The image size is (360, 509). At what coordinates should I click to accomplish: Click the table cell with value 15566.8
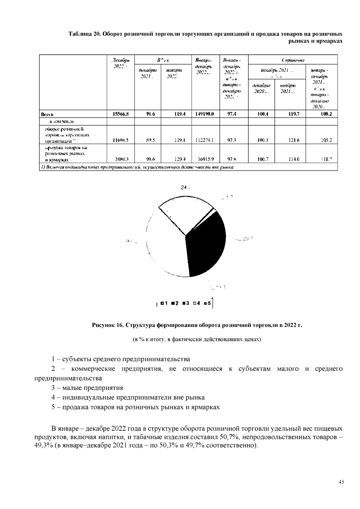121,114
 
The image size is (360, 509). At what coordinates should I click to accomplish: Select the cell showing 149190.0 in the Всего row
204,114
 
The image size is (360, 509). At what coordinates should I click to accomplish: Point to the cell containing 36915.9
205,160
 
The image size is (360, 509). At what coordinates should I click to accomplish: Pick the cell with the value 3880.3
121,160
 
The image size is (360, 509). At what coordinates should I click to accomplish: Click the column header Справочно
293,60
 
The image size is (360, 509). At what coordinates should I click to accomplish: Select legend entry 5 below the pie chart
207,304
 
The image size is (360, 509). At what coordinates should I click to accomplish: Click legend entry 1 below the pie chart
164,304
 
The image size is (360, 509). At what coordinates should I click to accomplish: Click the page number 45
341,482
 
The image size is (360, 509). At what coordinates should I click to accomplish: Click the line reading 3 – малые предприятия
87,388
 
